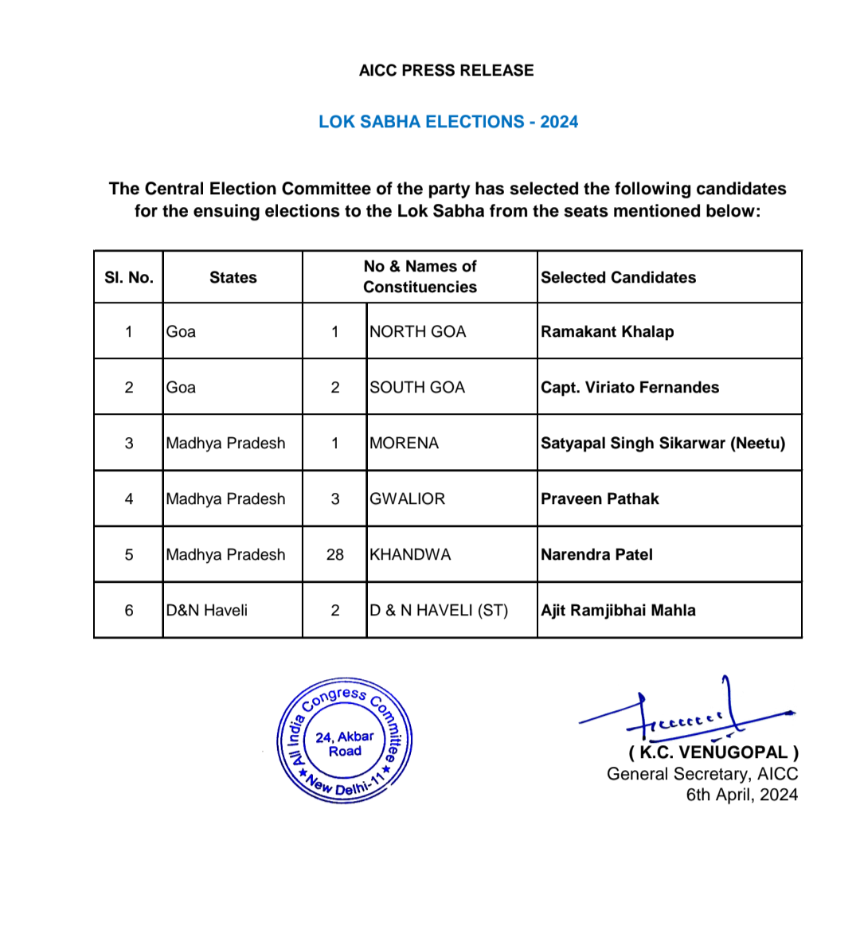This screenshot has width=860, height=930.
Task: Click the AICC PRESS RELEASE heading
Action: (446, 70)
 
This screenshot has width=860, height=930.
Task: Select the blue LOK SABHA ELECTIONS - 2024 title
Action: (448, 122)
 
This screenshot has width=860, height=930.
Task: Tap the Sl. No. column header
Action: (129, 277)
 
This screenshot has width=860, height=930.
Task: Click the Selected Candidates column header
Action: (618, 277)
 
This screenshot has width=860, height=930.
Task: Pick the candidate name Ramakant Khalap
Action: (607, 331)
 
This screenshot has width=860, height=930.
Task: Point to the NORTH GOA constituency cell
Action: (418, 331)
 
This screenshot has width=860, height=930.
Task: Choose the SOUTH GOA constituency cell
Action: (417, 387)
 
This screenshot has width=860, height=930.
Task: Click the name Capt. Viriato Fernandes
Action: (629, 387)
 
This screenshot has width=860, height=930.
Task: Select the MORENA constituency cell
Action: (405, 443)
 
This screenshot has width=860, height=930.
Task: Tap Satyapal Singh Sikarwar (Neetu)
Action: (663, 443)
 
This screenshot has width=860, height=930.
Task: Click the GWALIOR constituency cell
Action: (408, 498)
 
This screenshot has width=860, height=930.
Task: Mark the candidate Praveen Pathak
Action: (600, 498)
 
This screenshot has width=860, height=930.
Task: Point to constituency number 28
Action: (335, 554)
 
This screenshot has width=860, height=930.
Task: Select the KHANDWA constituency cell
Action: (410, 554)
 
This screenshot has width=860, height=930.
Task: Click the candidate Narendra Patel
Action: (596, 554)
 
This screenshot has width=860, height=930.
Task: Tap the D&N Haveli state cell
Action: (207, 610)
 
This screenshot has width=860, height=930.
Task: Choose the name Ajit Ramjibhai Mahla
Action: (618, 610)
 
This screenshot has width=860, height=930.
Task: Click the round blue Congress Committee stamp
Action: (345, 741)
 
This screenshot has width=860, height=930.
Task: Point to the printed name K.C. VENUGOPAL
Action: (713, 752)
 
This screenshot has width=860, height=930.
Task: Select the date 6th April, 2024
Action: (741, 795)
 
